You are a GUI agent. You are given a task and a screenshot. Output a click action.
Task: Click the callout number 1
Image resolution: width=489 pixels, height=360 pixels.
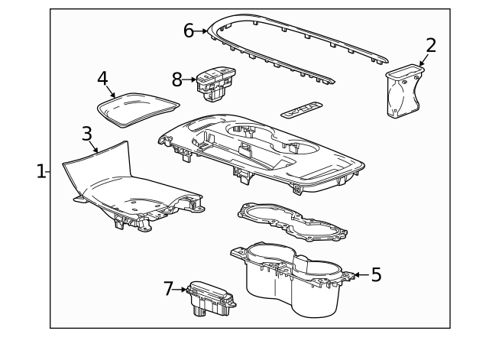pyautogui.click(x=41, y=170)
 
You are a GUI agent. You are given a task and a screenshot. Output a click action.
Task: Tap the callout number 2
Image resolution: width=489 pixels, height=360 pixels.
pyautogui.click(x=431, y=45)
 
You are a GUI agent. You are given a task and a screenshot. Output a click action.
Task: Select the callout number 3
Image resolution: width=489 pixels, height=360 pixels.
pyautogui.click(x=87, y=134)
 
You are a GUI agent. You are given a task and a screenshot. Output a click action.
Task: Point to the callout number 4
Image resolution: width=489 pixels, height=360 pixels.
pyautogui.click(x=103, y=78)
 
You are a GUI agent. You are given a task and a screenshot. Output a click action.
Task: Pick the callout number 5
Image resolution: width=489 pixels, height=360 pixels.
pyautogui.click(x=375, y=275)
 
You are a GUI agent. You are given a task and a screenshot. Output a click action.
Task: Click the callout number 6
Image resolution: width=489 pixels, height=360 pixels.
pyautogui.click(x=189, y=31)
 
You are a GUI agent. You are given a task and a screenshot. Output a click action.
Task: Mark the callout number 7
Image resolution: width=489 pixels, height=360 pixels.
pyautogui.click(x=169, y=289)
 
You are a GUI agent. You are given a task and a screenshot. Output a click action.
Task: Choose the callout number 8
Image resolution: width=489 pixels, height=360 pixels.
pyautogui.click(x=177, y=79)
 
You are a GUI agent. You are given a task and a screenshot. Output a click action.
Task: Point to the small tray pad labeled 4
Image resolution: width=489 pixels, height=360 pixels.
pyautogui.click(x=138, y=107)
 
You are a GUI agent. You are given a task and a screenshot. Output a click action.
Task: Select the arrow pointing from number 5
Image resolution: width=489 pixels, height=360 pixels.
pyautogui.click(x=360, y=275)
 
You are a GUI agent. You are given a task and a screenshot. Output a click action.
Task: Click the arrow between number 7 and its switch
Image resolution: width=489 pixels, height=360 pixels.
pyautogui.click(x=181, y=290)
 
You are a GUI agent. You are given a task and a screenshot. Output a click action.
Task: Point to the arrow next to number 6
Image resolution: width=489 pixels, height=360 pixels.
pyautogui.click(x=202, y=31)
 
